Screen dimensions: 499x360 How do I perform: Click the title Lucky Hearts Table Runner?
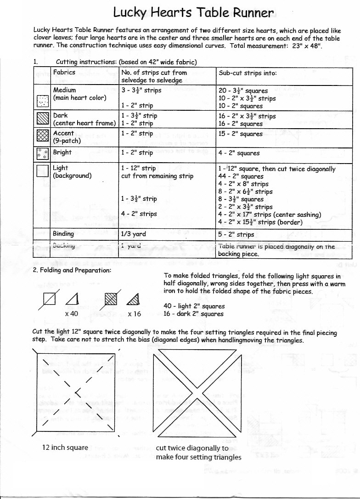click(193, 12)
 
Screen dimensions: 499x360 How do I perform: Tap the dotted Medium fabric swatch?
click(42, 101)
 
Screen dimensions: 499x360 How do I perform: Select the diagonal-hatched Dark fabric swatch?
click(42, 119)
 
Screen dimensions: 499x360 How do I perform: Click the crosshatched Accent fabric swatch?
click(42, 136)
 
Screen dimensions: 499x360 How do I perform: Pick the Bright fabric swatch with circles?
click(42, 154)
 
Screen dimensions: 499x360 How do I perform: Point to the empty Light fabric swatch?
click(42, 171)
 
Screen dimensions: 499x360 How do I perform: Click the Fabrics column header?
click(64, 72)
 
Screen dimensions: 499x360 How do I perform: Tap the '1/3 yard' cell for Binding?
click(134, 234)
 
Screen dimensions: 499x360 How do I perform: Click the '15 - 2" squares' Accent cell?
click(241, 134)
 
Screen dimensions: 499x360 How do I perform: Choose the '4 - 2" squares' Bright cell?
click(239, 153)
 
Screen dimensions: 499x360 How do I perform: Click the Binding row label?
click(63, 234)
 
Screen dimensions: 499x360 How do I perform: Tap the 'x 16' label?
click(134, 313)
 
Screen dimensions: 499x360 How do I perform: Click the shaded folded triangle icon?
click(133, 300)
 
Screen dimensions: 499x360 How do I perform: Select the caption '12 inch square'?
click(62, 447)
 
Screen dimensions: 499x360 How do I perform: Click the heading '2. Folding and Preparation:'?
click(72, 270)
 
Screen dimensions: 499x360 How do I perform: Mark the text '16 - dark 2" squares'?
click(193, 314)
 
